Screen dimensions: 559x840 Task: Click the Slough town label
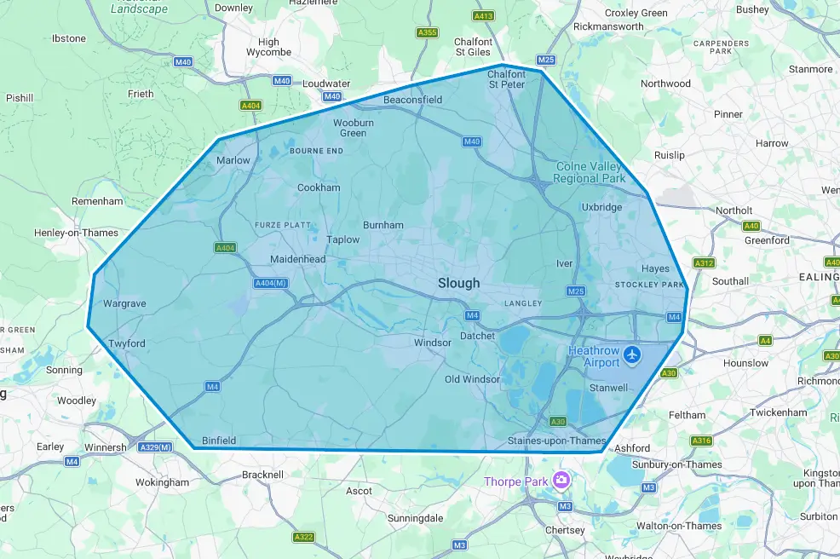(x=458, y=283)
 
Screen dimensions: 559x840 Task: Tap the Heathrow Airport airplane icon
(x=632, y=354)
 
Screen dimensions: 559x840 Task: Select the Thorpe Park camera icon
(x=561, y=481)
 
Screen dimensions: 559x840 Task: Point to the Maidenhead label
(x=298, y=259)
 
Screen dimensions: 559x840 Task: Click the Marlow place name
(x=233, y=160)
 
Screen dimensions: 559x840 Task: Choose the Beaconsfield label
(x=413, y=100)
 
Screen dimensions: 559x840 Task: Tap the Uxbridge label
(x=602, y=207)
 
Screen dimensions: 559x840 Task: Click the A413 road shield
(x=484, y=16)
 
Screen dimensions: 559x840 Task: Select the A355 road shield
(x=427, y=32)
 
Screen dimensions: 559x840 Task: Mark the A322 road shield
(x=303, y=537)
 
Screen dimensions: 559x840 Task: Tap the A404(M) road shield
(x=271, y=283)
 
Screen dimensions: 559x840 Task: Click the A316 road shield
(x=701, y=441)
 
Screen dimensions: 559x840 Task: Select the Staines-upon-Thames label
(x=556, y=441)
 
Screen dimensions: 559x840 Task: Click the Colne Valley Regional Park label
(x=589, y=172)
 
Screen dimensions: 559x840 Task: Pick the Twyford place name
(x=127, y=343)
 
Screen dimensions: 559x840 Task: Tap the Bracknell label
(x=262, y=474)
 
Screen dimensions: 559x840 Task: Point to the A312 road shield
(x=704, y=263)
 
